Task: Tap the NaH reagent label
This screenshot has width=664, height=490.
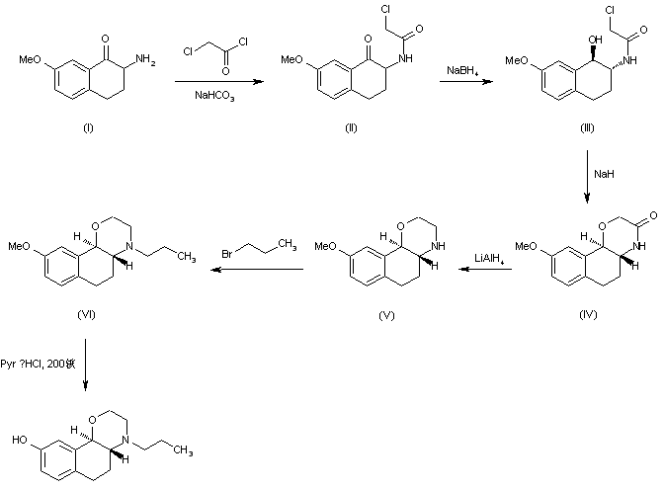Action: pos(605,174)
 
